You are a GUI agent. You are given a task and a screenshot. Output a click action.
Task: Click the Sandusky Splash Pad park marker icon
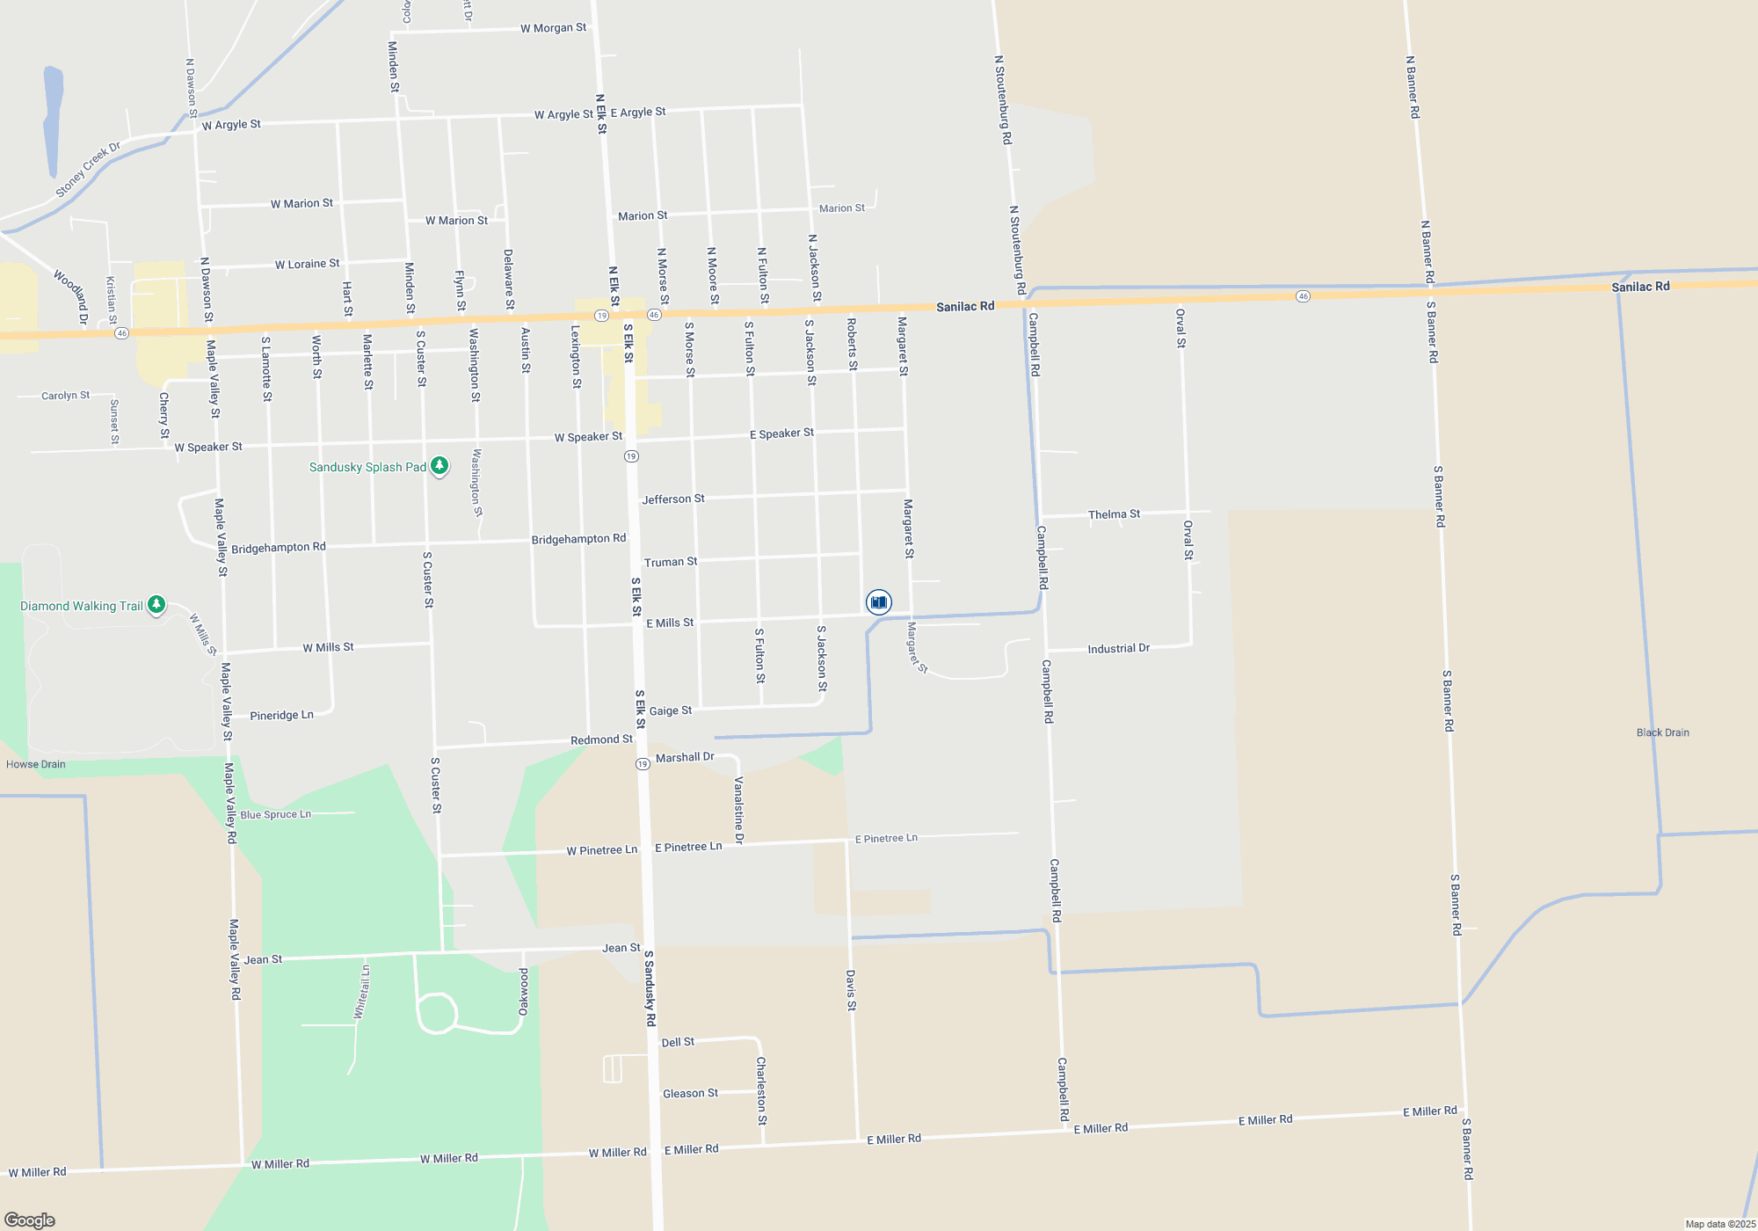pos(439,466)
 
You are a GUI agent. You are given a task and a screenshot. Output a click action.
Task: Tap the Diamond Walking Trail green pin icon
pos(156,605)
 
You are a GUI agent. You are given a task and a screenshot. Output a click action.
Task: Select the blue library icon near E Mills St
pos(878,602)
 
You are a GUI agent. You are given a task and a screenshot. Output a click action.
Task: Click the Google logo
pos(30,1220)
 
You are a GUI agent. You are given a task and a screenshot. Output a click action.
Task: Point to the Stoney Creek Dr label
pos(88,170)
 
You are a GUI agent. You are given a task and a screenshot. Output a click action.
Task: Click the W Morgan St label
pos(553,28)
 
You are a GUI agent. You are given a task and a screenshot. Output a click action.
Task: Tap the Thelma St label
pos(1114,514)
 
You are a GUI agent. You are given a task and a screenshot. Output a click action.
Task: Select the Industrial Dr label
pos(1118,649)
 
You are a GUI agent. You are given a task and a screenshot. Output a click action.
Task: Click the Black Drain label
pos(1662,732)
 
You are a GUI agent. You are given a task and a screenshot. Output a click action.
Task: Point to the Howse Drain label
pos(36,764)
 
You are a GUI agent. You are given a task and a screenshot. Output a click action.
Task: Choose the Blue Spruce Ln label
pos(276,815)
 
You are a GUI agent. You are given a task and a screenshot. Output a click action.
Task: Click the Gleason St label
pos(690,1093)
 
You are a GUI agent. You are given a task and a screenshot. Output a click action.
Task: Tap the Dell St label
pos(678,1042)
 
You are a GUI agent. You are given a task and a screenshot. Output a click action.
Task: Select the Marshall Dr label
pos(685,757)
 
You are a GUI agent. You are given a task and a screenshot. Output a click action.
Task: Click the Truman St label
pos(671,562)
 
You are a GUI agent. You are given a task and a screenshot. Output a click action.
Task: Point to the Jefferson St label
pos(673,499)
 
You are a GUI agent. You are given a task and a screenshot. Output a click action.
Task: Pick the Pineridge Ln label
pos(281,716)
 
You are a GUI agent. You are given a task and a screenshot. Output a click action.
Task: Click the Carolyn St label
pos(66,396)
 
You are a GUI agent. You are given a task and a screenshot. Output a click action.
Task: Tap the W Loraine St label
pos(307,264)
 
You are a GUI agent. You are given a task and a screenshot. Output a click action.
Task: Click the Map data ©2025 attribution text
pos(1720,1224)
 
